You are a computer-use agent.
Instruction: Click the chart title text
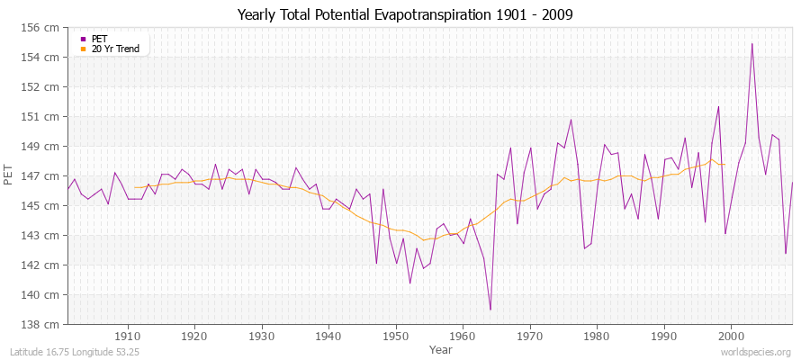[404, 15]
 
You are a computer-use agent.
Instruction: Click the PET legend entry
[99, 39]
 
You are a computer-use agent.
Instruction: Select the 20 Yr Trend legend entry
[115, 49]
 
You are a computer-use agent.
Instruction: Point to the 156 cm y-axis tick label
[45, 28]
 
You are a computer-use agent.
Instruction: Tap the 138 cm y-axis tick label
[45, 324]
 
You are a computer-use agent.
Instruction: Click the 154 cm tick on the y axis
[45, 58]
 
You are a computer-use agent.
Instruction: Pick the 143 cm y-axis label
[45, 236]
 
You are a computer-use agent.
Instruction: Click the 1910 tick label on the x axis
[128, 336]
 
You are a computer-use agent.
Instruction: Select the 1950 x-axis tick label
[396, 336]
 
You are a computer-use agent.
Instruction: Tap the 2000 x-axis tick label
[731, 336]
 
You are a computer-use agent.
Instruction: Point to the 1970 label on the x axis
[530, 336]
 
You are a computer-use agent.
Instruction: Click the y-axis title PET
[10, 176]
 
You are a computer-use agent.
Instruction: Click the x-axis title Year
[441, 349]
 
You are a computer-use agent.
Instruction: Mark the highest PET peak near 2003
[751, 43]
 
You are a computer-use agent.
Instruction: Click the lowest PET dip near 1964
[490, 310]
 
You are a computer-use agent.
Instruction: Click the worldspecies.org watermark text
[756, 353]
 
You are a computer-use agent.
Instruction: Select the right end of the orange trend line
[724, 164]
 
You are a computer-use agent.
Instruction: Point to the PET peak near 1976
[571, 120]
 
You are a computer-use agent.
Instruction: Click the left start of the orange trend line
[135, 187]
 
